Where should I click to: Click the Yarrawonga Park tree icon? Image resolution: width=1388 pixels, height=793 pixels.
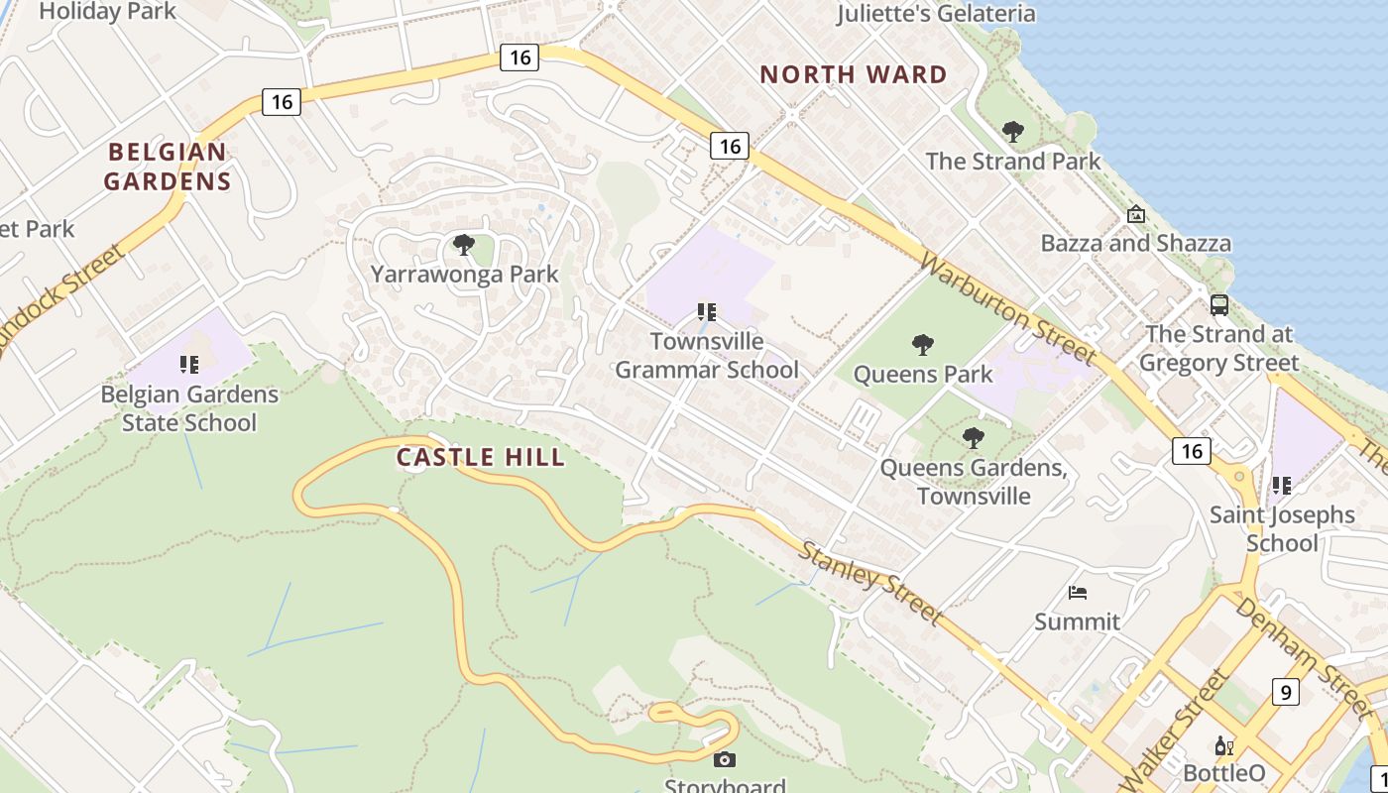pyautogui.click(x=463, y=244)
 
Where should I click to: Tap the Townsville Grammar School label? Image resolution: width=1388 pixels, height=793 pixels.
pyautogui.click(x=707, y=356)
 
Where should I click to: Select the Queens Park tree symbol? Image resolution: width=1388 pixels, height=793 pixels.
pyautogui.click(x=923, y=345)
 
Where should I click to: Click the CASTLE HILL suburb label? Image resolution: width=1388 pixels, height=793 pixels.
pyautogui.click(x=481, y=457)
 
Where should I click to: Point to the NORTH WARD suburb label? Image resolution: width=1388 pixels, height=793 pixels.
pyautogui.click(x=854, y=74)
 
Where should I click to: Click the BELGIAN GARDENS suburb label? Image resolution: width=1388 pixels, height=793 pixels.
pyautogui.click(x=168, y=167)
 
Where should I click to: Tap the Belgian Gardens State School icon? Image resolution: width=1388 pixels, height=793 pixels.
pyautogui.click(x=189, y=365)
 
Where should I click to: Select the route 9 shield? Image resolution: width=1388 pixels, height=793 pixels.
pyautogui.click(x=1285, y=691)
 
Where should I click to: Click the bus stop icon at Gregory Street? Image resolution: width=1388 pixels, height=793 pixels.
pyautogui.click(x=1219, y=305)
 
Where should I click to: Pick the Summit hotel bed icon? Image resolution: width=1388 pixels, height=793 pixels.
pyautogui.click(x=1078, y=593)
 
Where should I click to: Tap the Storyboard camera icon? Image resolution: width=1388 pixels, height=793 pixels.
pyautogui.click(x=725, y=759)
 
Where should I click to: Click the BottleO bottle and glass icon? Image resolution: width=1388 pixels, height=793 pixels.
pyautogui.click(x=1224, y=746)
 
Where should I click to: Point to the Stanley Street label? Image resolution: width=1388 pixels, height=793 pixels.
pyautogui.click(x=870, y=583)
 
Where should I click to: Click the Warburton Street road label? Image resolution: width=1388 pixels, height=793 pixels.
pyautogui.click(x=1008, y=307)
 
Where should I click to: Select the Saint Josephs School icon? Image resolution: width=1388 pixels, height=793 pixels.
pyautogui.click(x=1282, y=486)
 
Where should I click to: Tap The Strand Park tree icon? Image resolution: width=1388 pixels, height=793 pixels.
pyautogui.click(x=1012, y=131)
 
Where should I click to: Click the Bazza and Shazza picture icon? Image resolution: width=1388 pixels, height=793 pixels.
pyautogui.click(x=1136, y=214)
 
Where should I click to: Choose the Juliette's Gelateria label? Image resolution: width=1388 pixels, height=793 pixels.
pyautogui.click(x=936, y=14)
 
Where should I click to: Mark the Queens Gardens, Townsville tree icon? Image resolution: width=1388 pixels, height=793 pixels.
pyautogui.click(x=974, y=437)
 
